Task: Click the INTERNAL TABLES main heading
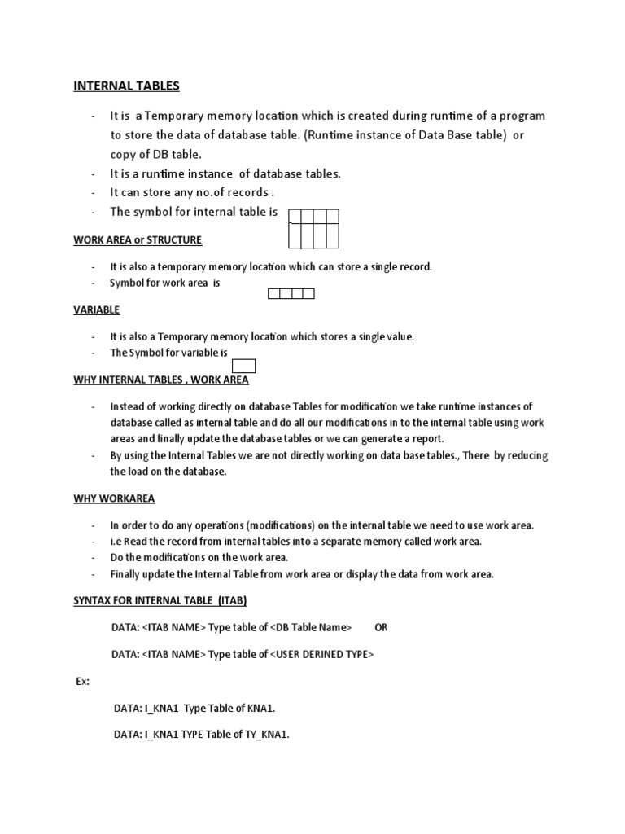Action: [127, 86]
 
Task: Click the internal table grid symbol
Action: [313, 228]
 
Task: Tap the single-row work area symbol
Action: [291, 293]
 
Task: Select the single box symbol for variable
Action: [244, 365]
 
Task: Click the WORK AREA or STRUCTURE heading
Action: [138, 240]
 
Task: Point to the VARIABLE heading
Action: [97, 309]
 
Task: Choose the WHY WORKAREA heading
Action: [114, 498]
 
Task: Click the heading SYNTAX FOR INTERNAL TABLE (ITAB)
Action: [160, 600]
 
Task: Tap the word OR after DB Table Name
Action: [381, 627]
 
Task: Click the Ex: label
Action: [82, 680]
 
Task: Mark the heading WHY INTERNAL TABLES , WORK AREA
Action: [161, 380]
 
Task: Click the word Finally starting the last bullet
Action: [129, 574]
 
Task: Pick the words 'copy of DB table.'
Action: [156, 154]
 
